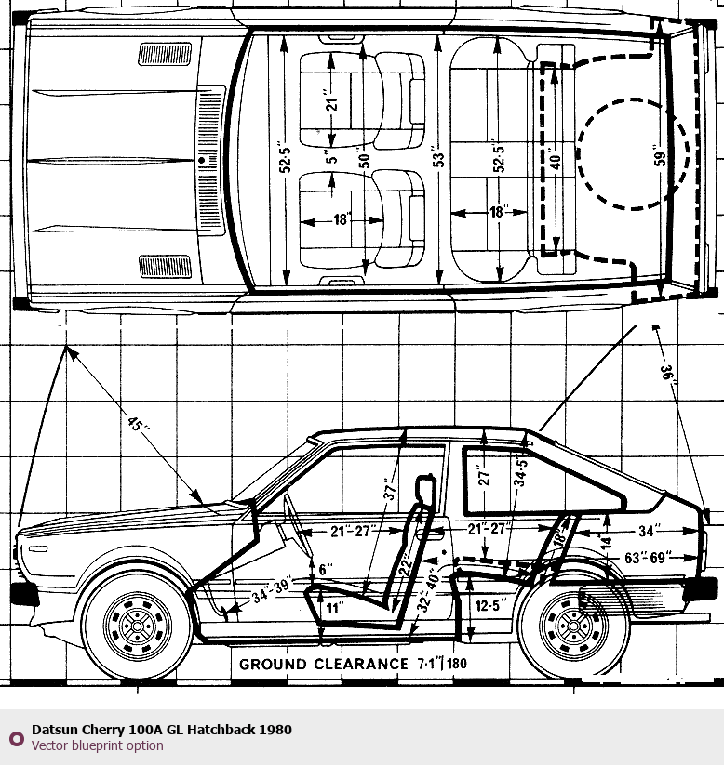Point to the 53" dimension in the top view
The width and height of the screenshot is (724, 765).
(x=438, y=157)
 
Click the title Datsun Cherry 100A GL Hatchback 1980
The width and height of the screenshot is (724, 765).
(x=161, y=730)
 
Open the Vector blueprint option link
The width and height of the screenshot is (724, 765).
(x=97, y=745)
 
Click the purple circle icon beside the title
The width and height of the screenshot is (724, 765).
(x=16, y=738)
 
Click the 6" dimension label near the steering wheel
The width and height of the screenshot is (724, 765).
(x=324, y=570)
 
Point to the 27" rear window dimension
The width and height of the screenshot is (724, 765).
(x=484, y=479)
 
